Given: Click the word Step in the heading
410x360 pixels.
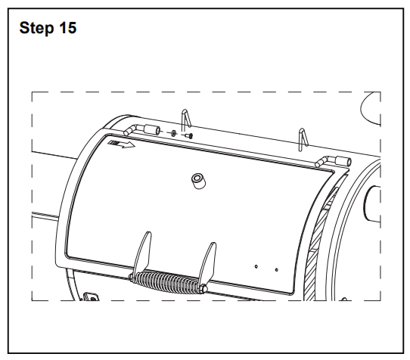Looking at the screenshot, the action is tap(36, 28).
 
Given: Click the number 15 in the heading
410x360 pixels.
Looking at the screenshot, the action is tap(68, 27).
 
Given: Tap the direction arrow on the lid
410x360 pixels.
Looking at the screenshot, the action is tap(121, 144).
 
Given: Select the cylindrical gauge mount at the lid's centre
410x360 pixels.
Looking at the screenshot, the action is tap(198, 181).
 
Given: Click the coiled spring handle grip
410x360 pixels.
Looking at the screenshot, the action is tap(166, 282).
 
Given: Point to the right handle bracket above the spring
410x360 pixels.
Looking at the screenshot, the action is tap(207, 262).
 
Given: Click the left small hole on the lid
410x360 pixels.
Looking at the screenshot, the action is tap(256, 266).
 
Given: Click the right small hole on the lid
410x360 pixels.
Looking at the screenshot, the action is tap(277, 269).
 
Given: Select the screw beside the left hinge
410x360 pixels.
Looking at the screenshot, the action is tap(189, 135).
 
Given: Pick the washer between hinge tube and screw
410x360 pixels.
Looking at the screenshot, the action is tap(173, 133).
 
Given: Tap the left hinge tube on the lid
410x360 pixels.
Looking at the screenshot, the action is tap(141, 129).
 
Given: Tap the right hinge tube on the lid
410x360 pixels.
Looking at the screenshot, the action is tap(334, 161).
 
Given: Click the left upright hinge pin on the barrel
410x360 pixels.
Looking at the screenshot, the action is tap(185, 119).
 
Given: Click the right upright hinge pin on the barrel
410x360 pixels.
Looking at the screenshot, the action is tap(303, 139).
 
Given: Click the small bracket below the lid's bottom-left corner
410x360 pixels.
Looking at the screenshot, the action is tap(91, 296).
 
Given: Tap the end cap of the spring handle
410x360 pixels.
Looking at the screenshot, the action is tap(204, 289).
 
